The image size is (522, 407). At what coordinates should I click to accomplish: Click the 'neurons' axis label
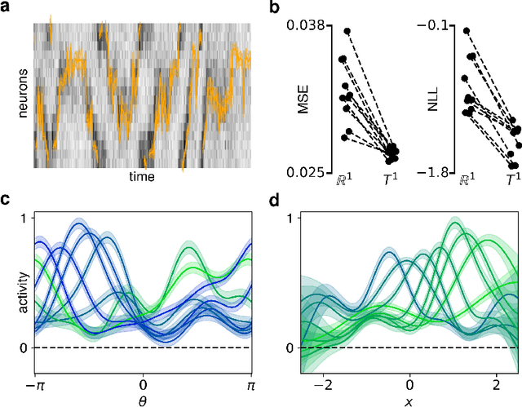(23, 95)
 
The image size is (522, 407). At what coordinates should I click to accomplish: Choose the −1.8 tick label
(433, 172)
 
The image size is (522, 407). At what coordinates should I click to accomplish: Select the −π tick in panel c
(34, 382)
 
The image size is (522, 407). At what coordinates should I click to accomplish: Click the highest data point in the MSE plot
(346, 31)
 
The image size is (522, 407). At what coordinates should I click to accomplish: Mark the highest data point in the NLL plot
(467, 31)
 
